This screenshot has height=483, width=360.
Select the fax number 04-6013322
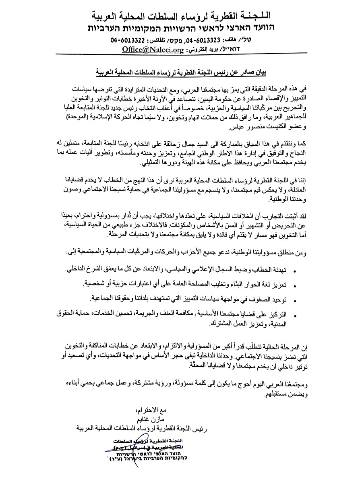coord(126,41)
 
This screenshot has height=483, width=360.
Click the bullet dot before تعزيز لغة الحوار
coord(296,285)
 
